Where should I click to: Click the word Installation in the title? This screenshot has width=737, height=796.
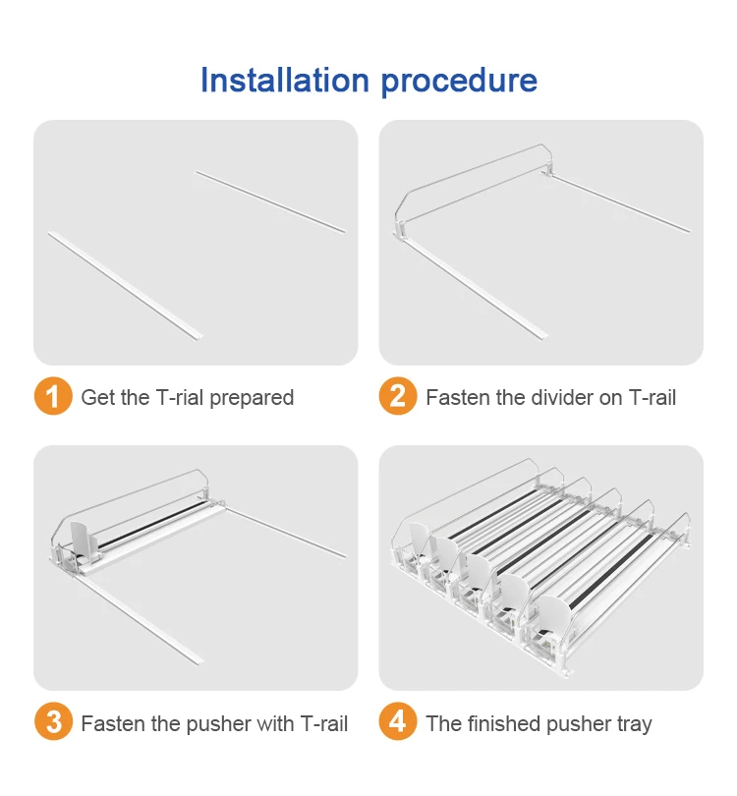285,81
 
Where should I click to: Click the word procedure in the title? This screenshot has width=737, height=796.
459,83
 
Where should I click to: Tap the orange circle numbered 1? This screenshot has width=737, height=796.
53,396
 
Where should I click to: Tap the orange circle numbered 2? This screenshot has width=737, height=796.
398,396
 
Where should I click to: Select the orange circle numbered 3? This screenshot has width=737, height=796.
53,721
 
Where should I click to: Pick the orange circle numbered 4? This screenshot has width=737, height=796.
398,721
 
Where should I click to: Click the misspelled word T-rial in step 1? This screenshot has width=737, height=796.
180,397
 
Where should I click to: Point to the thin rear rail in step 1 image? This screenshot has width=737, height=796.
270,201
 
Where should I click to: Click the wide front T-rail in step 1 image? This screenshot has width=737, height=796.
126,285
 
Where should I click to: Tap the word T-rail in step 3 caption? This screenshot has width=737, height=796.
324,723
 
